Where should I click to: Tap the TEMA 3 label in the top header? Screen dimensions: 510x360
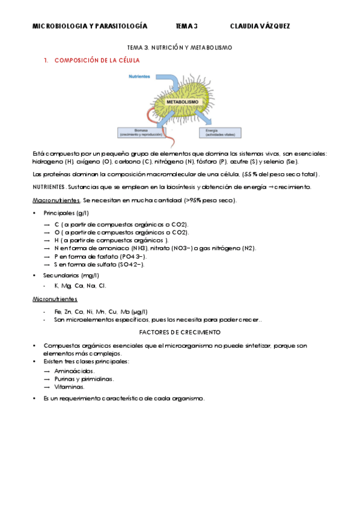click(186, 26)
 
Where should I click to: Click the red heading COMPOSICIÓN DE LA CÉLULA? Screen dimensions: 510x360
click(97, 61)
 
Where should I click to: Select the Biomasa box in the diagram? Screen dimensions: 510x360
click(142, 132)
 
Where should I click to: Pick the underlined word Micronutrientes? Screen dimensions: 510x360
click(55, 298)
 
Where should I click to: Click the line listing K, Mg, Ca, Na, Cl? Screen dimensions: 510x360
click(80, 286)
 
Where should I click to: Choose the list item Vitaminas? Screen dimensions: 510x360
click(70, 387)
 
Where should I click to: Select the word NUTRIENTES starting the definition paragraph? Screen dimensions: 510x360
click(47, 187)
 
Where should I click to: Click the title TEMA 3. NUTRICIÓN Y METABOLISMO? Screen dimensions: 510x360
click(180, 47)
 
